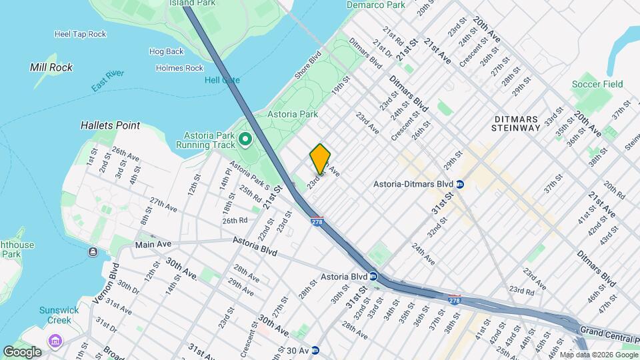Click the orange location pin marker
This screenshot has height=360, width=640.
point(321,159)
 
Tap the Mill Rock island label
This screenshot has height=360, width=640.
point(51,67)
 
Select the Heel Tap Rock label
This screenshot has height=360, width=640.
point(80,33)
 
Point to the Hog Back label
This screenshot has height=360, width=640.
point(166,51)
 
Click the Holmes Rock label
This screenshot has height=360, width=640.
point(179,68)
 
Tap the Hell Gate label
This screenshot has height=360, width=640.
point(222,80)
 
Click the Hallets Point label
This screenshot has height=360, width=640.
point(110,125)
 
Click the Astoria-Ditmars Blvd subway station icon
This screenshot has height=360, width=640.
point(461,183)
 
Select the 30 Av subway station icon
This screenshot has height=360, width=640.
point(315,350)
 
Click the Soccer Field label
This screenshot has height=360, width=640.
point(597,84)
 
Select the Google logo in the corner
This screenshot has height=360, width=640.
point(22,352)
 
